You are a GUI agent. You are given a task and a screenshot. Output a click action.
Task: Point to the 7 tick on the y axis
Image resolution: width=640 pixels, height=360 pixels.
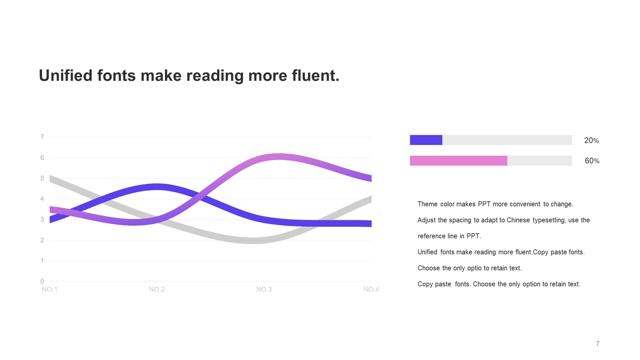point(42,137)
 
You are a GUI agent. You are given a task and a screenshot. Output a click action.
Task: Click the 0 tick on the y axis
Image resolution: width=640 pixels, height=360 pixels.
point(42,281)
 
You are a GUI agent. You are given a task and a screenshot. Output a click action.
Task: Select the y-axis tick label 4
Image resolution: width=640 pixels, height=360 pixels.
point(42,199)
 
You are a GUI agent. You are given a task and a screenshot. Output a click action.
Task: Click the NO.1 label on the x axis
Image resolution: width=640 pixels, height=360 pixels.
point(50,289)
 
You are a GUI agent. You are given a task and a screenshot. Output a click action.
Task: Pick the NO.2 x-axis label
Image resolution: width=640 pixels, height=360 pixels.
point(157,289)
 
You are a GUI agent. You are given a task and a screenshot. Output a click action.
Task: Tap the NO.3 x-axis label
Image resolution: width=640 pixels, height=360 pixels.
point(264,289)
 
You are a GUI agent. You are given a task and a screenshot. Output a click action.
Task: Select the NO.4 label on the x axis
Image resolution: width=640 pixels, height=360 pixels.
point(371,289)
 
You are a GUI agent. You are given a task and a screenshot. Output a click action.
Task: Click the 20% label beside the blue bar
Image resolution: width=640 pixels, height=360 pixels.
point(591,140)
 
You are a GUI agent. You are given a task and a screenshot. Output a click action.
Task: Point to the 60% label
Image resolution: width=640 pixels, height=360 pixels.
point(592,161)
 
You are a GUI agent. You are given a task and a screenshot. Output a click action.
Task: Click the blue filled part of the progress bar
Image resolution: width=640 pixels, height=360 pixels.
point(426,140)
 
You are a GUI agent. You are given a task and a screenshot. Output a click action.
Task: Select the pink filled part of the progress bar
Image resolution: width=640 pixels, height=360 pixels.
point(459,161)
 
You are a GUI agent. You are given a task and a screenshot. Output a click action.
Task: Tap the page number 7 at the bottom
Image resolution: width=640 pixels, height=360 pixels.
point(598,344)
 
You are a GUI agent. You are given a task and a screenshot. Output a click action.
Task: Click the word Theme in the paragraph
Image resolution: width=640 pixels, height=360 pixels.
point(428,204)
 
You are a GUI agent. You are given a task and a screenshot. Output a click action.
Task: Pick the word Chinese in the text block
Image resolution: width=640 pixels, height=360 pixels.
point(518,220)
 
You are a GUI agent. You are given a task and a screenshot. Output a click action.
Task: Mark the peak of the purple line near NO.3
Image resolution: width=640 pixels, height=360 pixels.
point(279,157)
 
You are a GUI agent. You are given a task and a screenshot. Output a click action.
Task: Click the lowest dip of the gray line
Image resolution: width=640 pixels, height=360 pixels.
point(252,241)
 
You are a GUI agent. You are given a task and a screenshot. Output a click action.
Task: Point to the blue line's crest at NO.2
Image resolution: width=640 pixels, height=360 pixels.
point(157,187)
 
